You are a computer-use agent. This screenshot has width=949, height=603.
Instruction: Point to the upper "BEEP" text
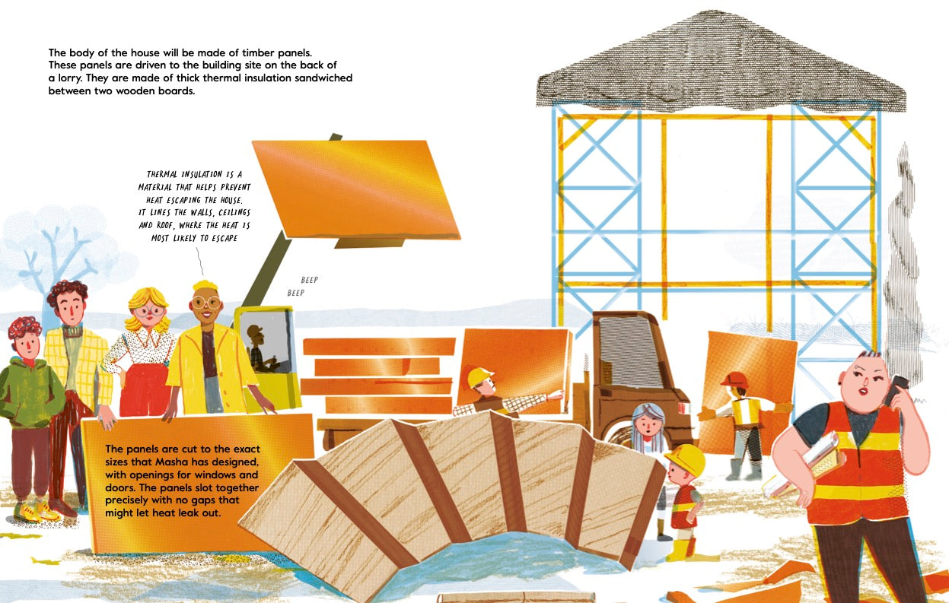click(x=309, y=280)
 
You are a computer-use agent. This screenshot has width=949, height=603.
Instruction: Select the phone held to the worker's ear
click(x=894, y=389)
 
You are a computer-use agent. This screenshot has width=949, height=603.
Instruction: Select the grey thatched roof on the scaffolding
click(x=720, y=64)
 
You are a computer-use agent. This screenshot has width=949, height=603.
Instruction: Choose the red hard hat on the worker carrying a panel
click(x=734, y=379)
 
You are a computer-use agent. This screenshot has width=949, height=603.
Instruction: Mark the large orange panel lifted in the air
click(x=356, y=189)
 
